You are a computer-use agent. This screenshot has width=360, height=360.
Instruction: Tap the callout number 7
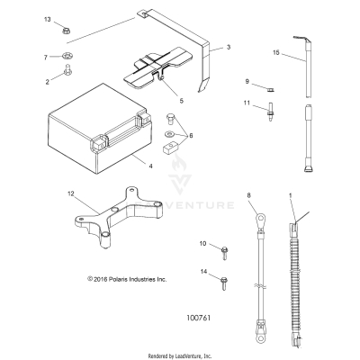coord(46,58)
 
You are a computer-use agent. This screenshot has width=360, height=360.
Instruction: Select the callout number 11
coord(247,103)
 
